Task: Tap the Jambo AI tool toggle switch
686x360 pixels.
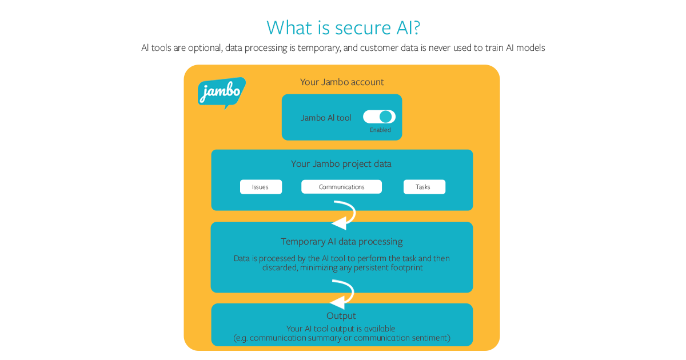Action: click(379, 117)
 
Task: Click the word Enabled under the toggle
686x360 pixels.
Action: click(380, 130)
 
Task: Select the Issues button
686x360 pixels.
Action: click(261, 187)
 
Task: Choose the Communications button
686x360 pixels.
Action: click(341, 187)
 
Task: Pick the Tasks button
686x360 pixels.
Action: click(424, 187)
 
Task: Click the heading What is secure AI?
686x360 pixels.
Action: click(343, 27)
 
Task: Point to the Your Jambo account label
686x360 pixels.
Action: click(342, 82)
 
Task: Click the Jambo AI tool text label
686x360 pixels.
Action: click(326, 118)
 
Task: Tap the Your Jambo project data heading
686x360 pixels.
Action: click(341, 164)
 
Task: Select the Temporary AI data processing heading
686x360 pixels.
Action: click(341, 241)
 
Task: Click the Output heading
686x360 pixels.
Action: click(341, 316)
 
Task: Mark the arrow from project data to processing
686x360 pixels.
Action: click(345, 215)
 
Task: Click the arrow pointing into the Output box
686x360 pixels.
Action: click(343, 294)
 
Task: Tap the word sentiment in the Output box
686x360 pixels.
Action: click(429, 338)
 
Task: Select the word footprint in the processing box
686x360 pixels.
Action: click(403, 267)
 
